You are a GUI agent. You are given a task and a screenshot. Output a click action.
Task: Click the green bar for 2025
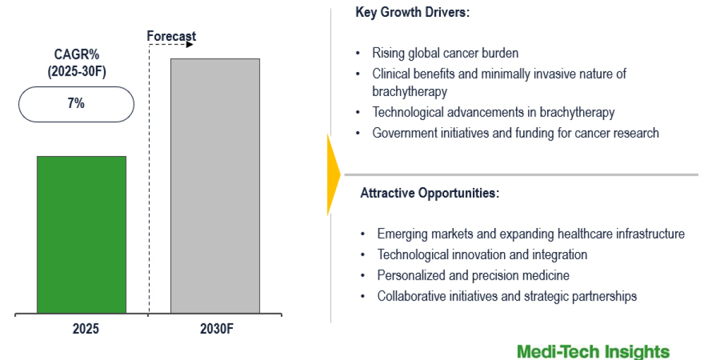coord(82,235)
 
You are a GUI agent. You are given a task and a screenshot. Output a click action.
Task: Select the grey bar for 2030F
coord(215,186)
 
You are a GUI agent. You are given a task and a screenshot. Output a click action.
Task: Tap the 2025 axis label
coord(85,329)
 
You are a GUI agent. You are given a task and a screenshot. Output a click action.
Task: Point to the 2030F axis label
coord(217,329)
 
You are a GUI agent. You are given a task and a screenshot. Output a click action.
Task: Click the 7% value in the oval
coord(76,103)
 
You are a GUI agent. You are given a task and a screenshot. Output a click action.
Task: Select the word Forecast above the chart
coord(172,36)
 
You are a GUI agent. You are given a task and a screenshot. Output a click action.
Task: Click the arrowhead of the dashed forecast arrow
coord(190,44)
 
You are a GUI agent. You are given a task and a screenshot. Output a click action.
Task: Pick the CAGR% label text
coord(77,55)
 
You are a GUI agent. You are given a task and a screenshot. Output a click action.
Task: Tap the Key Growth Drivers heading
coord(412,12)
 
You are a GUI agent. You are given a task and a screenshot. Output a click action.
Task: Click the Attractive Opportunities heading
coord(430,193)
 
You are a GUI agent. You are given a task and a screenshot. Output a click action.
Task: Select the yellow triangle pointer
coord(334,175)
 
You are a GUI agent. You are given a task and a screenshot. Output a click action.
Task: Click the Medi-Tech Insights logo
coord(593,352)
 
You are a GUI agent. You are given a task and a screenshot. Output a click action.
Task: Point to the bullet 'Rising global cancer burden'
coord(445,53)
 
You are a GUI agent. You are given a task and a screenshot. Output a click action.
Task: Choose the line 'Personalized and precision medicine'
coord(473,275)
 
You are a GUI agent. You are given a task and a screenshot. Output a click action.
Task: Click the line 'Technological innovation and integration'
coord(482,254)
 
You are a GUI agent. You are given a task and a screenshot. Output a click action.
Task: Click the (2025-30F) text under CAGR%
coord(77,71)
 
